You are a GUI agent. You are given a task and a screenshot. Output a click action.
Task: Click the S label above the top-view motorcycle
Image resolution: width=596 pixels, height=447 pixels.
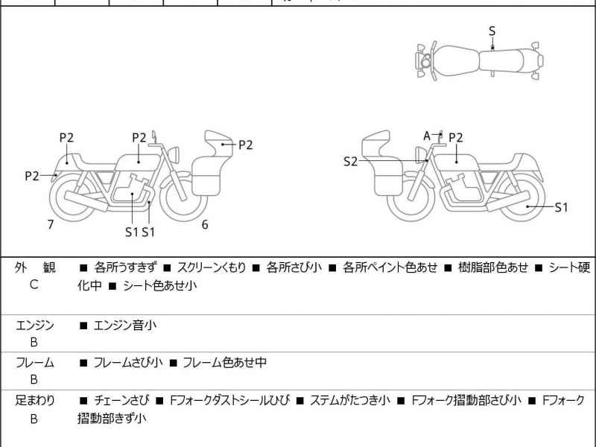coord(492,31)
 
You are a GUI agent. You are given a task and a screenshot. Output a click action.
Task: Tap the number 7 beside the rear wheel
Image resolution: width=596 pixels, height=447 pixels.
coord(50,223)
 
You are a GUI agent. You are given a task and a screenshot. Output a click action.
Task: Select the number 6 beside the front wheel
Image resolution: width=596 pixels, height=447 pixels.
coord(204,224)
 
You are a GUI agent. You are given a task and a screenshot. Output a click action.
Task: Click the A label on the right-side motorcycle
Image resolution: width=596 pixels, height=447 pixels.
coord(428,136)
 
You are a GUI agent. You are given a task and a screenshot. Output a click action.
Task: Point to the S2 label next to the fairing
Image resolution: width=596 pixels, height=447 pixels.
coord(351,161)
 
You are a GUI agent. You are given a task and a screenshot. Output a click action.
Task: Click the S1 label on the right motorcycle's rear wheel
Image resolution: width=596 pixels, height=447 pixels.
coord(561,207)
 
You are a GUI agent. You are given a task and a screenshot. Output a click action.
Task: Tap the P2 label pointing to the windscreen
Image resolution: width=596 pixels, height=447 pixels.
coord(245,145)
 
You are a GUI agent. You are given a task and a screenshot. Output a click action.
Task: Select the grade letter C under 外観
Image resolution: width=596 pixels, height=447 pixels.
coord(34,285)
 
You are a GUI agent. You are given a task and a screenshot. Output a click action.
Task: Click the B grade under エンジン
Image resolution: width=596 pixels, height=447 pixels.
coord(34,343)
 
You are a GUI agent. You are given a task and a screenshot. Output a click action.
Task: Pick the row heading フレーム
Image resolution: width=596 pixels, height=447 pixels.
coord(34,363)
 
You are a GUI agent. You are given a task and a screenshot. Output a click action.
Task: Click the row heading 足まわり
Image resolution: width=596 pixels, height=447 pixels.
coord(34,400)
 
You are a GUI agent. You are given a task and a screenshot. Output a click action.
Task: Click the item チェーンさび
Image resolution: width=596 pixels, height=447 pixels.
coord(122,400)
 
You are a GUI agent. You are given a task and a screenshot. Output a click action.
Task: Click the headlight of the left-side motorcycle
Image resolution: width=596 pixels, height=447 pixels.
coord(178,153)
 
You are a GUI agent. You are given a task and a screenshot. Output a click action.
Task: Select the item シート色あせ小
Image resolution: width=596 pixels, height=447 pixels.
coord(159,285)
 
